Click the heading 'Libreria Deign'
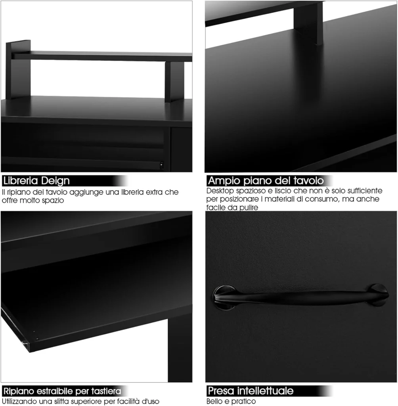tap(36, 181)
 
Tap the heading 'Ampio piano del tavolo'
tap(266, 181)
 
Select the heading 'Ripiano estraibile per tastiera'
tap(62, 391)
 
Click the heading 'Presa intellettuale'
tap(251, 391)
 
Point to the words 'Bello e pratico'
tap(231, 401)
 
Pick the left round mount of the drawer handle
tap(224, 297)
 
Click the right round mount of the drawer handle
tap(378, 295)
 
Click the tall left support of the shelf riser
tap(18, 69)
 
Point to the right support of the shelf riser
tap(174, 82)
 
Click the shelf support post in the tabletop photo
tap(308, 23)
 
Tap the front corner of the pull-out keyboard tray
tap(29, 352)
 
